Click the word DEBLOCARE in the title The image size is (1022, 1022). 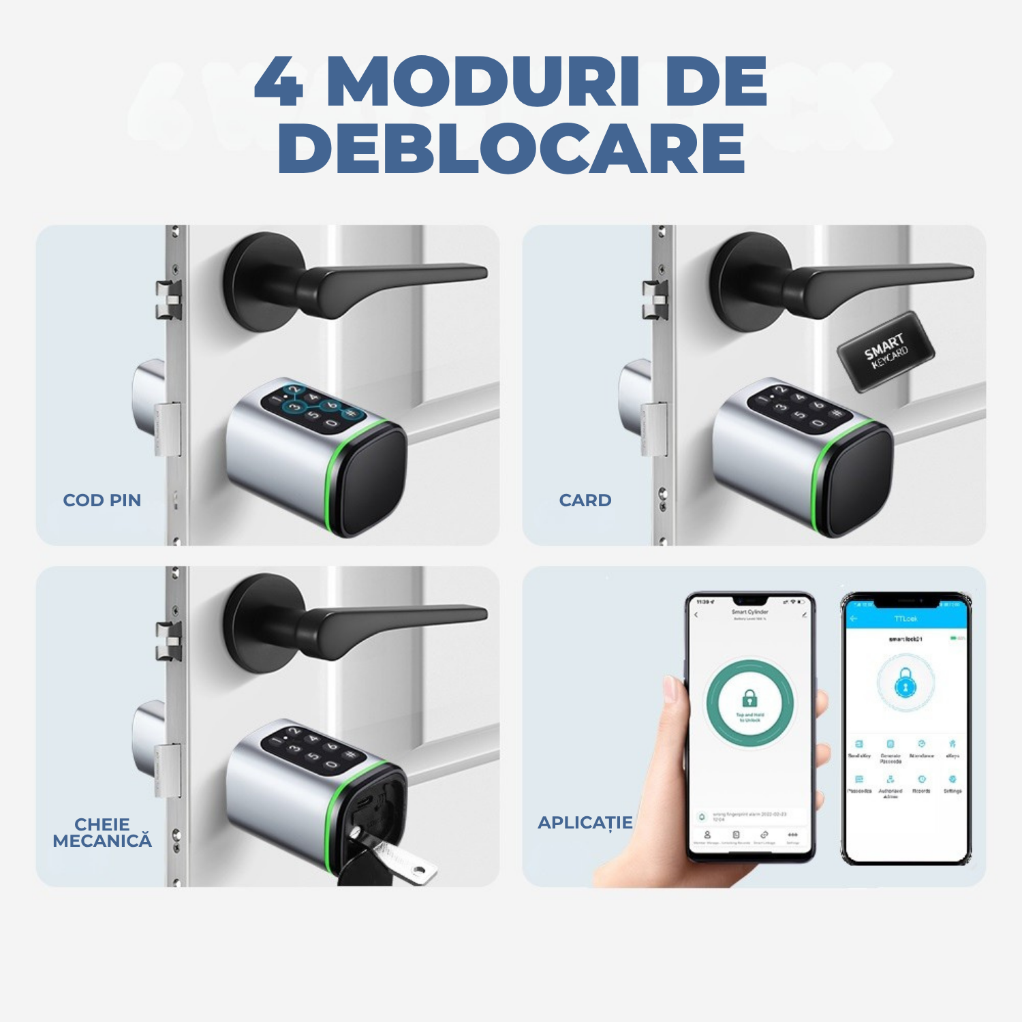(511, 149)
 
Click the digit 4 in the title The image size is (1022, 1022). (279, 83)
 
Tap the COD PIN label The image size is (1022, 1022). (102, 500)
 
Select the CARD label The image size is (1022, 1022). (585, 500)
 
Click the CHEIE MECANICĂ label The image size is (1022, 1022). (102, 833)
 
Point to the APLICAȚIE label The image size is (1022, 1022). (585, 822)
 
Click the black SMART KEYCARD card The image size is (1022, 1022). (886, 352)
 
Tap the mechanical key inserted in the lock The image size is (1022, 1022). (395, 858)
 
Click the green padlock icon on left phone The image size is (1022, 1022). (749, 699)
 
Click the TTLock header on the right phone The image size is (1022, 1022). (905, 619)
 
